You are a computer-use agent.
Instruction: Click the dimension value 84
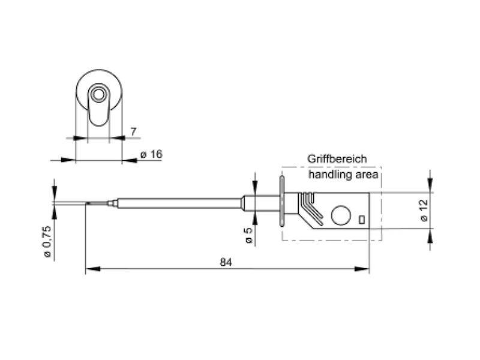[226, 262]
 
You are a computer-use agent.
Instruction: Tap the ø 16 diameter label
[151, 154]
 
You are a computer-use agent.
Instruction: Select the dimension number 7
[133, 132]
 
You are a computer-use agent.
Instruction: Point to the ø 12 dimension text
[424, 211]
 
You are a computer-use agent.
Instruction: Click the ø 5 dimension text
[249, 236]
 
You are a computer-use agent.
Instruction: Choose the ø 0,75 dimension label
[47, 242]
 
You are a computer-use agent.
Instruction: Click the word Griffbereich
[337, 159]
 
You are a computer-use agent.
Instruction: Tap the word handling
[331, 175]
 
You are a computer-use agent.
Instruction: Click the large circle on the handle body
[341, 215]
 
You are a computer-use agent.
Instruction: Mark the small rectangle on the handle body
[362, 220]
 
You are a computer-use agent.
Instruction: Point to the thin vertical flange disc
[282, 201]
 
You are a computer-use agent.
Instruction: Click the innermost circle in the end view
[98, 94]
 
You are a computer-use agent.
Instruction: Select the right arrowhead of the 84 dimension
[362, 269]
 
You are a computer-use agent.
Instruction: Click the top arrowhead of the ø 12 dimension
[430, 185]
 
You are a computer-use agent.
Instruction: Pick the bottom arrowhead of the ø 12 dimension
[430, 236]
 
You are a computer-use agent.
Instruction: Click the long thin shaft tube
[179, 203]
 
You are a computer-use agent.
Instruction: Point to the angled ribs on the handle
[311, 206]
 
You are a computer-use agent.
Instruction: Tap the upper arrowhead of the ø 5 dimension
[255, 188]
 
